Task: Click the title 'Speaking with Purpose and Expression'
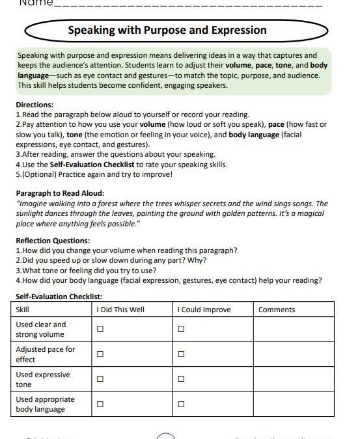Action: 167,31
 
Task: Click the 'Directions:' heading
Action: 35,105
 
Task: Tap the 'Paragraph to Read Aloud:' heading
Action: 59,193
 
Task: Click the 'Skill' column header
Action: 23,310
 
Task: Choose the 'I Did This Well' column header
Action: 120,310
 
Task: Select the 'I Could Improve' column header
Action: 204,310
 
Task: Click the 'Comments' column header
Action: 277,310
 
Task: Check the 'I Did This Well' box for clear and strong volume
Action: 100,329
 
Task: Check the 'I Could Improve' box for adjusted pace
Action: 181,354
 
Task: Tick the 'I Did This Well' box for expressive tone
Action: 100,379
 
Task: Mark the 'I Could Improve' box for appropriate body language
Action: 181,404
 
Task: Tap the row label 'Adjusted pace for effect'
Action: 45,354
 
